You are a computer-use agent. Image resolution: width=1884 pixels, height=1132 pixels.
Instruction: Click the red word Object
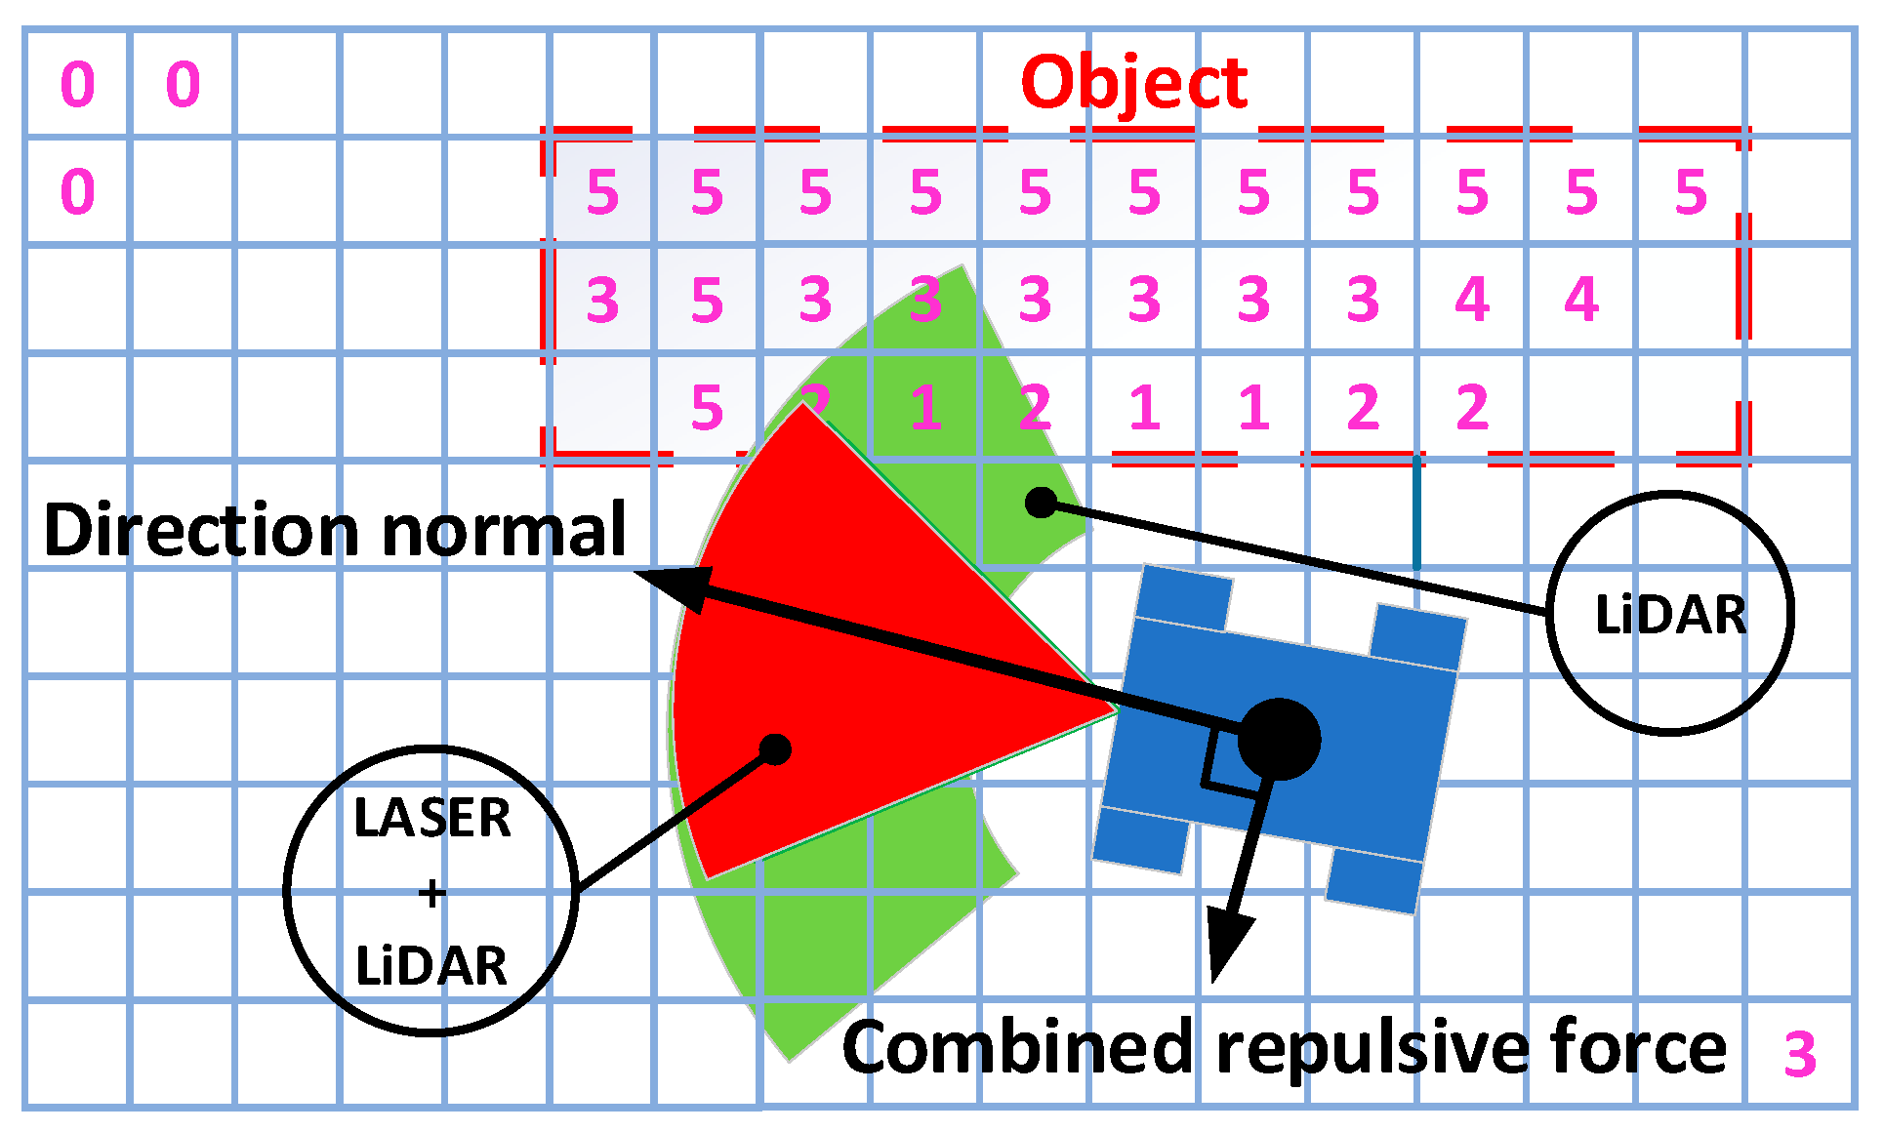coord(1133,83)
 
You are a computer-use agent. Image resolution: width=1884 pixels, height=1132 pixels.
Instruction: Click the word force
coord(1640,1047)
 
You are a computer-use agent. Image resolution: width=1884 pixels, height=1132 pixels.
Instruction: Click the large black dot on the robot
coord(1279,739)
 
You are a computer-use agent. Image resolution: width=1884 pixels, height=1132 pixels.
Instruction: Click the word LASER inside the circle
coord(431,818)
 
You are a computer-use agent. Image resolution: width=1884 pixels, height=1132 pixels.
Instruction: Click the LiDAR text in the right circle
coord(1670,615)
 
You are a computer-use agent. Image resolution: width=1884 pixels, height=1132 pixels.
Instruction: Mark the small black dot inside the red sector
coord(775,749)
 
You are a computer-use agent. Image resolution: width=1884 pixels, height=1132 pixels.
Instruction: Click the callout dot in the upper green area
coord(1042,503)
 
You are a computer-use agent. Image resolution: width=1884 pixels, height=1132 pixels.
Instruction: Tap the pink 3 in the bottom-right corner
coord(1800,1055)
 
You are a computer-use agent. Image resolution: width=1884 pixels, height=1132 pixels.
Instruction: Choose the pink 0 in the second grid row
coord(78,191)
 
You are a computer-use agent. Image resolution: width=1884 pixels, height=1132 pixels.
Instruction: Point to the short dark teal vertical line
coord(1415,512)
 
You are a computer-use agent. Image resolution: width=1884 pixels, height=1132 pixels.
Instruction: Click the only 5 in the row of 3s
coord(707,300)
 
